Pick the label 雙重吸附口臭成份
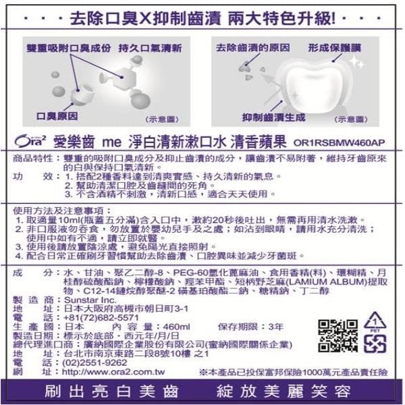tap(69, 49)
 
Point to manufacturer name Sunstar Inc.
tap(89, 298)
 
